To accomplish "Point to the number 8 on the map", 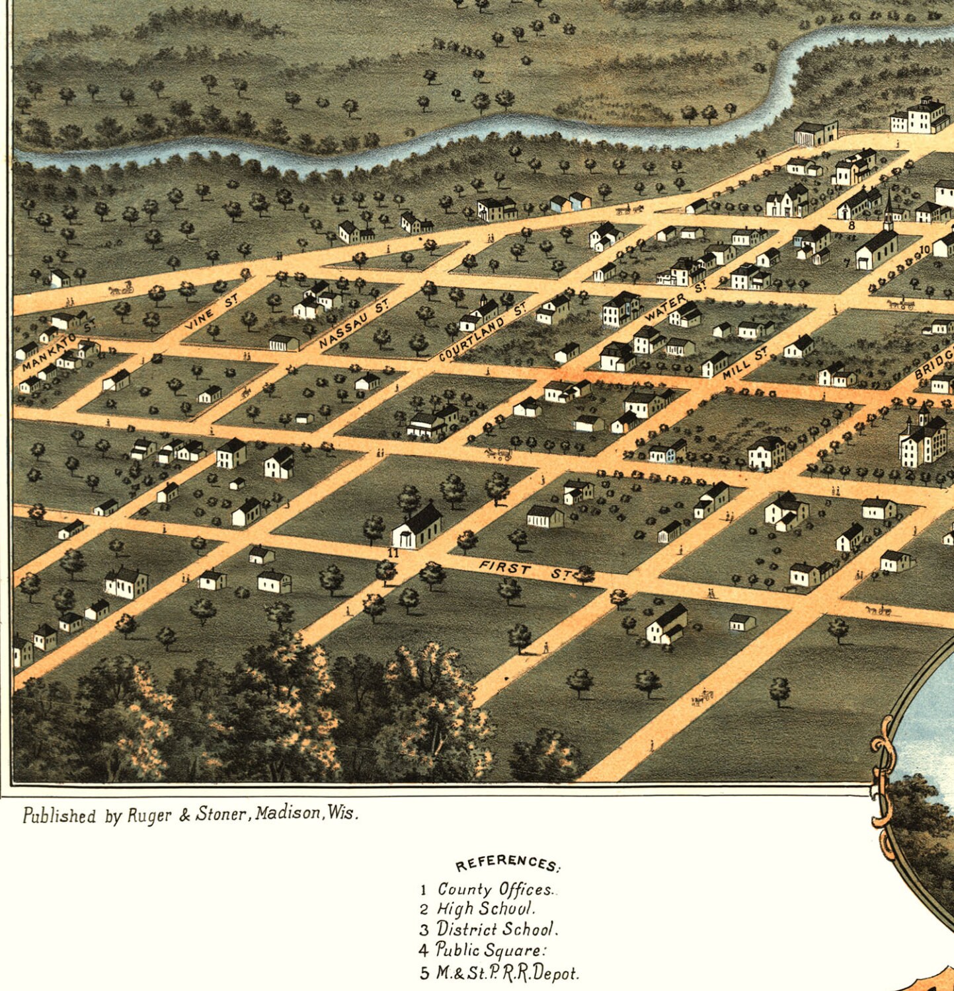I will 852,225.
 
